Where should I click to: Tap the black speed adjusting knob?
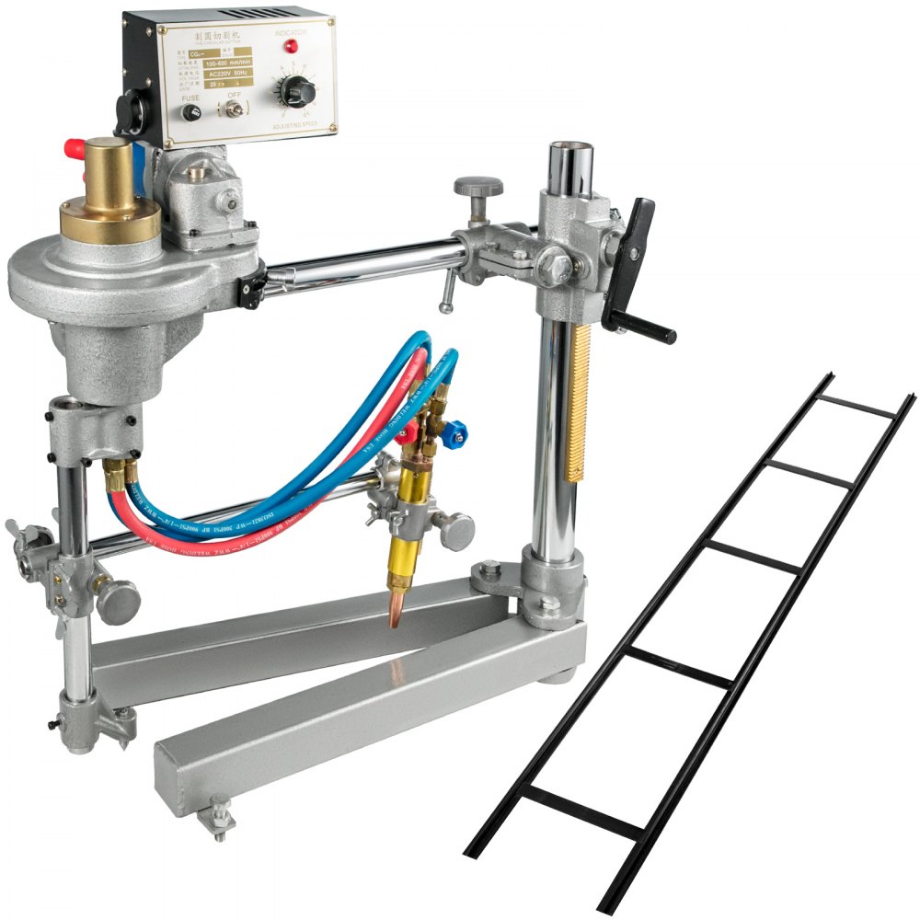coord(297,91)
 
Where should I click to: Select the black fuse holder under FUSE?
coord(191,112)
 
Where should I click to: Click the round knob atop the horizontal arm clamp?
coord(478,187)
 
